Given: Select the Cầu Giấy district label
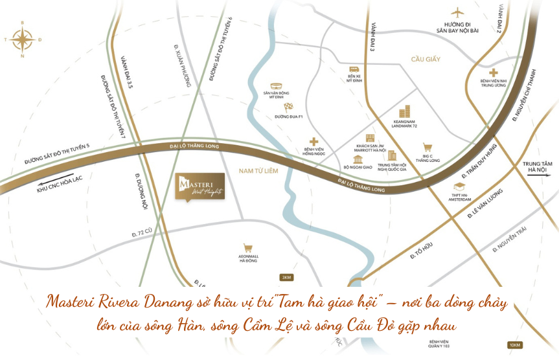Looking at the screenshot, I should click(426, 59).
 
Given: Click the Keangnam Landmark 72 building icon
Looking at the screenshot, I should click(405, 111).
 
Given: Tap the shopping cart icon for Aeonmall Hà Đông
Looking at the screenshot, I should click(247, 247).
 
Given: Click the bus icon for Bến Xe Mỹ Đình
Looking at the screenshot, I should click(354, 69).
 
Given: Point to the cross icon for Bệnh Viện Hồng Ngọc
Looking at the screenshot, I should click(314, 141).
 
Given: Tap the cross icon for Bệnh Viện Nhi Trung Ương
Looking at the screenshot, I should click(494, 73).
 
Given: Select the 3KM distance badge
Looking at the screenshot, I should click(286, 278).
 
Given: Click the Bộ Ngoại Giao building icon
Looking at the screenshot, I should click(357, 159).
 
